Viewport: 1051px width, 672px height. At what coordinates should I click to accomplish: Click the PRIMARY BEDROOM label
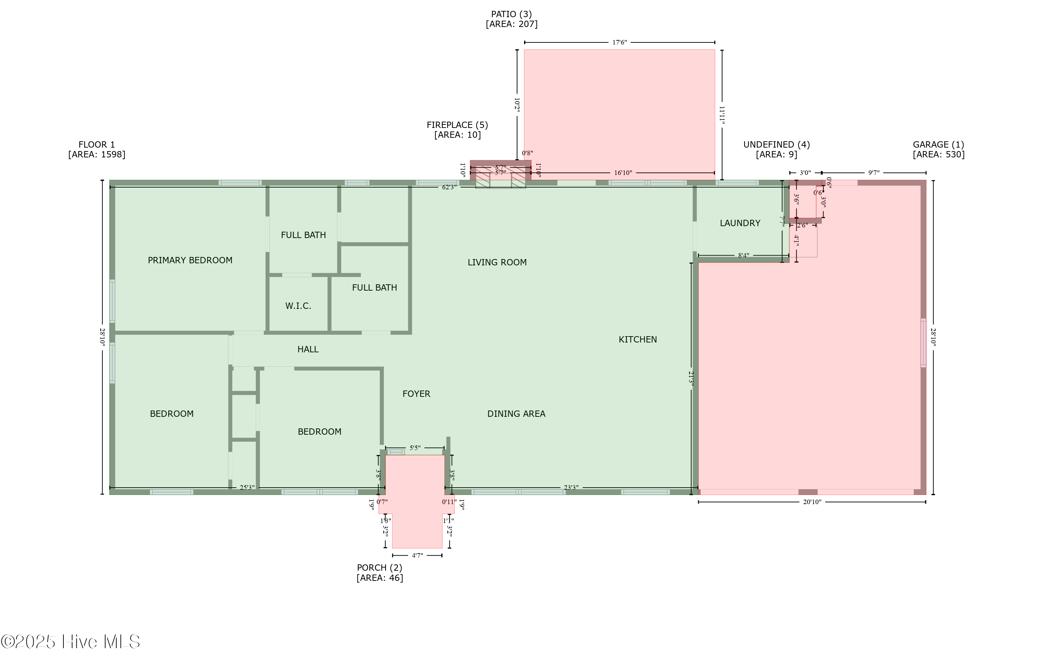[190, 260]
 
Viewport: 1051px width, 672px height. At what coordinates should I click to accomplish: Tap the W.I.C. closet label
[298, 306]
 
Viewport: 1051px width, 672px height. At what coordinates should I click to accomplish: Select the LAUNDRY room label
[740, 223]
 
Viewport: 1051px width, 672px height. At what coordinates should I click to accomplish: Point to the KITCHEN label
[637, 339]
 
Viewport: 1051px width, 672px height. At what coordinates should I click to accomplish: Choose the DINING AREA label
[516, 414]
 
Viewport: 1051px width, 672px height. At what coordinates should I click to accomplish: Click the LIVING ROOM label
[497, 263]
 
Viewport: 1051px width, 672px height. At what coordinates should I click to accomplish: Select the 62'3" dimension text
[449, 187]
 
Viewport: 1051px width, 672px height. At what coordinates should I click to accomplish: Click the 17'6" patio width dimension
[619, 42]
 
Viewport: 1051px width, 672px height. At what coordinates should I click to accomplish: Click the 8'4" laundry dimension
[743, 256]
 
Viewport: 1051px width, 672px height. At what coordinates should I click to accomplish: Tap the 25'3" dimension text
[247, 488]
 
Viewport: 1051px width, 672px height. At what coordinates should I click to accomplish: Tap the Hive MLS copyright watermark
[70, 642]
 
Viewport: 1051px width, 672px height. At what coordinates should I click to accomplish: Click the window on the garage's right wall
[923, 343]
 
